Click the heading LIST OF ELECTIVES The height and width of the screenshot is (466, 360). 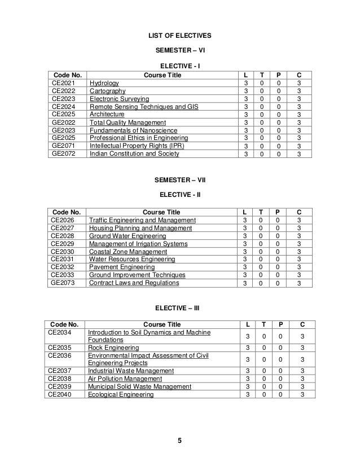point(179,36)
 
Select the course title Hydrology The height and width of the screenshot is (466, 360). point(104,83)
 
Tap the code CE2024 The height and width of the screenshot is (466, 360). point(63,106)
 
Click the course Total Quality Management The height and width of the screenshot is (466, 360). point(128,122)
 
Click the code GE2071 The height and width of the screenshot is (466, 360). point(63,145)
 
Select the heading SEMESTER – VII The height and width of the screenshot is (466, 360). point(179,181)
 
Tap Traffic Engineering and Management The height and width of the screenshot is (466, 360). point(142,220)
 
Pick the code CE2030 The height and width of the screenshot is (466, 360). point(62,252)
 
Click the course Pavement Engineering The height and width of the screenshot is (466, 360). point(123,267)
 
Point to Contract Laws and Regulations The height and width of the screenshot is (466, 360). point(133,283)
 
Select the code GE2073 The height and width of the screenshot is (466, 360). point(63,283)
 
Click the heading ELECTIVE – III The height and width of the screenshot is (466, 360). point(179,308)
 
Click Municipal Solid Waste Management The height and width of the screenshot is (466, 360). point(139,386)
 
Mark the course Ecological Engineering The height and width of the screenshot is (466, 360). point(121,394)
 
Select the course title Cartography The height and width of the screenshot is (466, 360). point(107,91)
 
